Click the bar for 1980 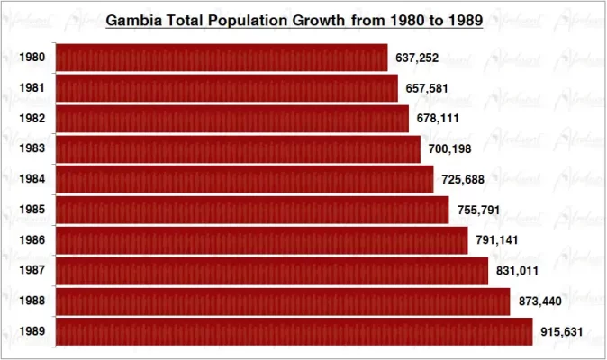[222, 58]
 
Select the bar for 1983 [238, 148]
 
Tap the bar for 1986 [261, 240]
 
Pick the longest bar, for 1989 [294, 331]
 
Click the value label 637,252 [417, 58]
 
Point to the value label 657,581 [426, 88]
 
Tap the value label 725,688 [463, 179]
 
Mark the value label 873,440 [539, 301]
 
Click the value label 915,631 [562, 332]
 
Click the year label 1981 [32, 88]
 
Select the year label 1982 [32, 119]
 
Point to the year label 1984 [32, 179]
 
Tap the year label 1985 [32, 210]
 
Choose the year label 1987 [32, 271]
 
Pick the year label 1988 [32, 301]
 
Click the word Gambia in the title [134, 19]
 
